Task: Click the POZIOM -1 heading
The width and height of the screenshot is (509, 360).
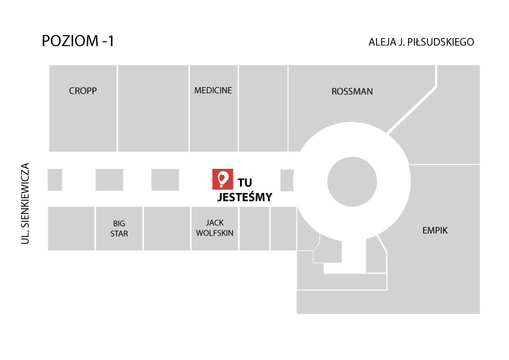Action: (x=78, y=41)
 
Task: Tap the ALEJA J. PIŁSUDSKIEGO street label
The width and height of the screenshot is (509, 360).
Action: (x=421, y=42)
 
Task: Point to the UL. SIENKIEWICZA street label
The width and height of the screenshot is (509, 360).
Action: (x=25, y=203)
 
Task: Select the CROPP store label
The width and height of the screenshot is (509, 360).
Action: (x=83, y=91)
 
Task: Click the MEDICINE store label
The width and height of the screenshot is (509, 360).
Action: (x=213, y=90)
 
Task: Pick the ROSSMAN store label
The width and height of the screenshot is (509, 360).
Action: (x=352, y=91)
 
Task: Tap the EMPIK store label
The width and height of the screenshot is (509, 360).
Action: (x=435, y=231)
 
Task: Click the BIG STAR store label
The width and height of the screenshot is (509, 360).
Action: (x=119, y=229)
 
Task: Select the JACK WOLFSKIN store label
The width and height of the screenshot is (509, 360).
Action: (x=215, y=227)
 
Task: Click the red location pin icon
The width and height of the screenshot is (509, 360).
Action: (x=222, y=179)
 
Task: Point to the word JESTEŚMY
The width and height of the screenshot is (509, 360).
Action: (x=244, y=197)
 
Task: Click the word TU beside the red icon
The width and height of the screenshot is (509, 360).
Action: (x=245, y=183)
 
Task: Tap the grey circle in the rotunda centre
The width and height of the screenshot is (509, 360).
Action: (x=352, y=182)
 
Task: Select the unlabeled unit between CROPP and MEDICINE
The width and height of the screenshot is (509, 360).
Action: (x=153, y=108)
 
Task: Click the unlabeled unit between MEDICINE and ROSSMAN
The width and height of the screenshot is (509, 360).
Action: (x=263, y=108)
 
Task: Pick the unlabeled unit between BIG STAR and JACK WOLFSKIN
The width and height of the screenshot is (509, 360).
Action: (x=167, y=229)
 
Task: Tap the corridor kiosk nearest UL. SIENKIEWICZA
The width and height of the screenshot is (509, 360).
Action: (x=55, y=180)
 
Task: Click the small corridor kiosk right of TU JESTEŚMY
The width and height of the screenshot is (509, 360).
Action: (x=287, y=180)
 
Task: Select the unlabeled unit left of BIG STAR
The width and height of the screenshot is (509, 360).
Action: (x=71, y=229)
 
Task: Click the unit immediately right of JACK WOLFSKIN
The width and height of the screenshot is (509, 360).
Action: (x=254, y=229)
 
